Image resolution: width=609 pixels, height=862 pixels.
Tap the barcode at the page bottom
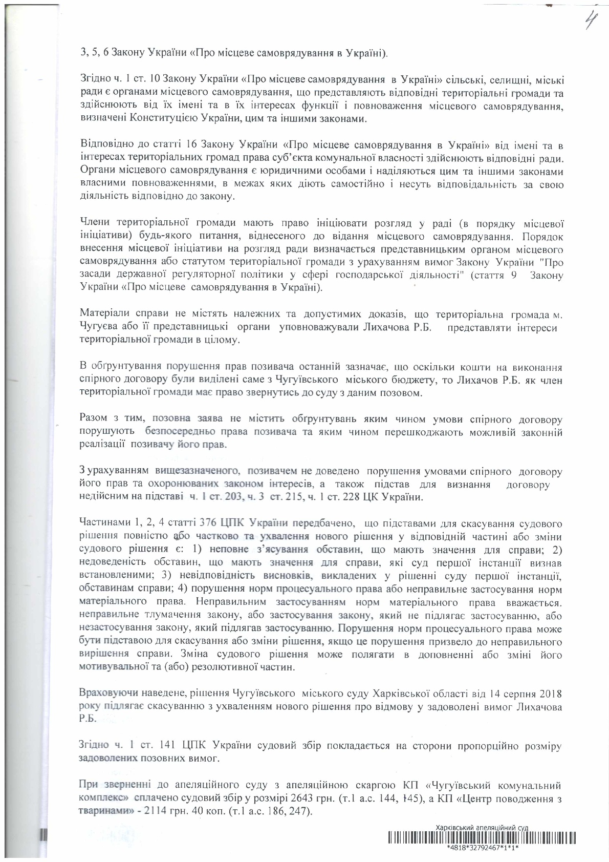(482, 838)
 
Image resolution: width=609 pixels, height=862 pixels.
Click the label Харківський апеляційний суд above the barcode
(482, 828)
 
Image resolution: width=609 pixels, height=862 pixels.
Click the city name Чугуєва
(98, 326)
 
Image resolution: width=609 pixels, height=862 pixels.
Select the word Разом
(93, 419)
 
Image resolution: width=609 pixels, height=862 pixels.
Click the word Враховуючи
(107, 693)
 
